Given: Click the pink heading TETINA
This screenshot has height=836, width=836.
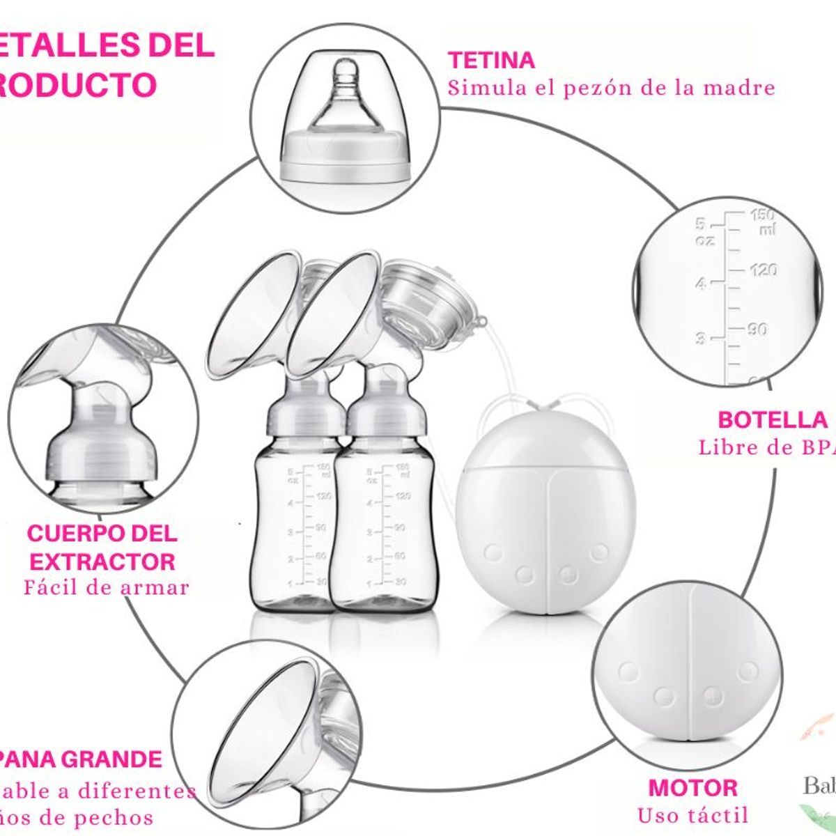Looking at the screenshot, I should [x=491, y=61].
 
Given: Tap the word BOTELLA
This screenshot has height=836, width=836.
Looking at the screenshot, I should [x=772, y=420].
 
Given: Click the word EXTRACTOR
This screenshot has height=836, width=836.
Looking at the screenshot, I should [x=103, y=561].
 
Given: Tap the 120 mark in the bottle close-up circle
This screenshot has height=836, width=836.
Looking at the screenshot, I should [x=764, y=270].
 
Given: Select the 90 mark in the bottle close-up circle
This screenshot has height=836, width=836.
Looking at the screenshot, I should [x=757, y=329].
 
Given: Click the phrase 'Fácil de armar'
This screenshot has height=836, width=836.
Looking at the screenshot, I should [x=106, y=587].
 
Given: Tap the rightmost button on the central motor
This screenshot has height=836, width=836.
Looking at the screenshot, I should [x=598, y=553].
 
